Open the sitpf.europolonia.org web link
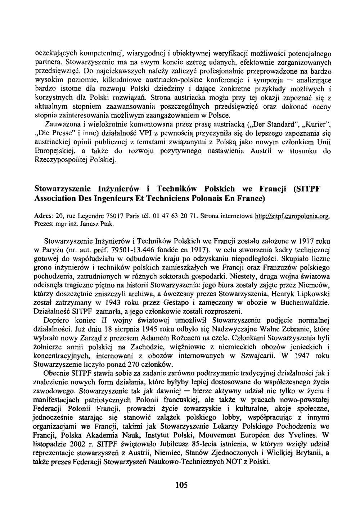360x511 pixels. click(x=292, y=216)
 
